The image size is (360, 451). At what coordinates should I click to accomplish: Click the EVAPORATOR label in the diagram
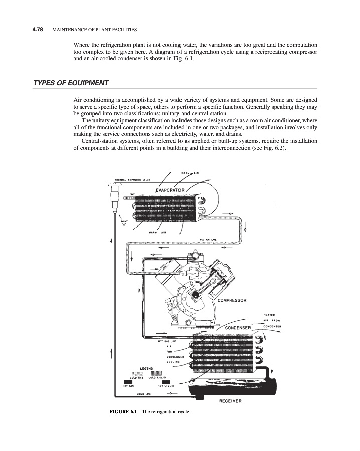(x=170, y=190)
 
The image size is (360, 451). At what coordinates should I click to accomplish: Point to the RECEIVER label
(x=231, y=400)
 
